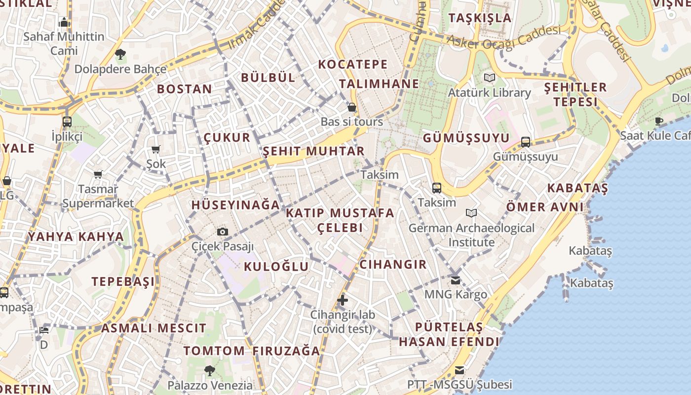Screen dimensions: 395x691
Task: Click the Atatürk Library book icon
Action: click(x=489, y=78)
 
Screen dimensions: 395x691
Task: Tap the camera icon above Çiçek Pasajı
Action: click(x=223, y=232)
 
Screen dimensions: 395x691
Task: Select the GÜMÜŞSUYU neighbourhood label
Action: click(x=466, y=138)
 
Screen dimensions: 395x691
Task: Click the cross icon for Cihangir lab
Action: click(x=342, y=300)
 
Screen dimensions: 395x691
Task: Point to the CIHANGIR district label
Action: click(x=393, y=264)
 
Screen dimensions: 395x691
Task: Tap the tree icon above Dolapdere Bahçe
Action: click(x=120, y=54)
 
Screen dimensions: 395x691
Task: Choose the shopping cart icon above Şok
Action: click(x=156, y=149)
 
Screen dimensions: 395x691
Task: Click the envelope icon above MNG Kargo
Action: click(x=456, y=280)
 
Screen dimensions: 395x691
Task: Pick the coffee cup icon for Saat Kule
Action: click(x=659, y=121)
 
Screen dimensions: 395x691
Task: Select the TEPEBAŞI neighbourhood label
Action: click(x=123, y=281)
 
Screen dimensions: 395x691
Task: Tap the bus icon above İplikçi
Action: click(x=67, y=121)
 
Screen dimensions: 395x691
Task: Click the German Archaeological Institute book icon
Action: click(x=471, y=213)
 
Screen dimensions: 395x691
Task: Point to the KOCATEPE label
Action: click(x=353, y=64)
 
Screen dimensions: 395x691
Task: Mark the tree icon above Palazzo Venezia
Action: click(x=210, y=370)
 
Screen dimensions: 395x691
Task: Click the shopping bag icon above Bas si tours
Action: click(x=352, y=107)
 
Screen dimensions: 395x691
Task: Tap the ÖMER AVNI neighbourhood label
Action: click(x=544, y=207)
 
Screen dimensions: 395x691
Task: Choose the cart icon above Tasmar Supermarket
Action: click(x=98, y=174)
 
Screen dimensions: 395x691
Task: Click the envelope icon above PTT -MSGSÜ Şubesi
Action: click(x=460, y=370)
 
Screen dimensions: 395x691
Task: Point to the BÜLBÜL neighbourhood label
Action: click(x=268, y=77)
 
